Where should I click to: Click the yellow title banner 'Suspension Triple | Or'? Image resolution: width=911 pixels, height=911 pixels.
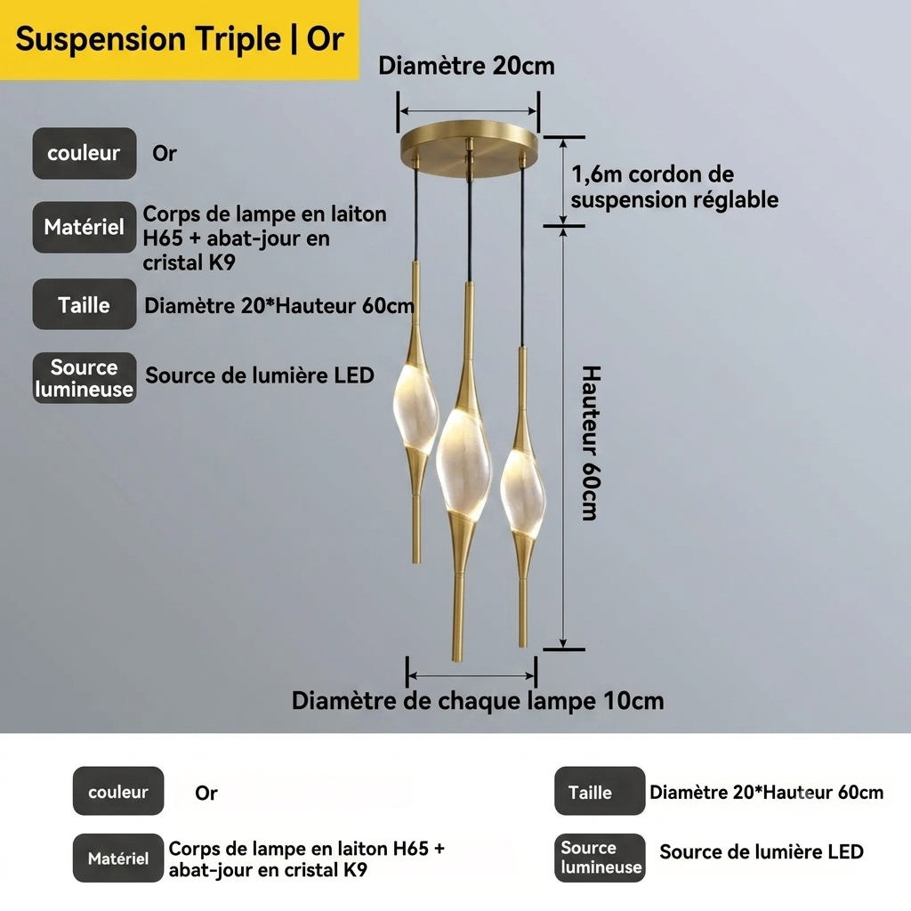(180, 39)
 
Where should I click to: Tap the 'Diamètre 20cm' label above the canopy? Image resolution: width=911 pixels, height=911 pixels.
(466, 66)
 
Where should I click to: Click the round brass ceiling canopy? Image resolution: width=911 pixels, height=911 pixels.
(469, 149)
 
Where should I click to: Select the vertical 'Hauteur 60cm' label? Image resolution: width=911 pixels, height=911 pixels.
(591, 443)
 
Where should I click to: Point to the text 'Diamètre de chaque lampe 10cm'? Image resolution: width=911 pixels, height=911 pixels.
(478, 701)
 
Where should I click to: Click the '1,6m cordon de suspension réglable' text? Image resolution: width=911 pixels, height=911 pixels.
(674, 187)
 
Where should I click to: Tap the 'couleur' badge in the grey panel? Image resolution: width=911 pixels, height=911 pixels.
(85, 153)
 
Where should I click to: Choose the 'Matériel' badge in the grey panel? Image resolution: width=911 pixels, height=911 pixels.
(85, 227)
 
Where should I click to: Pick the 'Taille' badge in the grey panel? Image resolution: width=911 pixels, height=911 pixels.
(85, 304)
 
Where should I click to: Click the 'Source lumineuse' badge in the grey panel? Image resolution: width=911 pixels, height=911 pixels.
(85, 377)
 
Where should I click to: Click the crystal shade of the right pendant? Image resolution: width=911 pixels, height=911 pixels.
(523, 491)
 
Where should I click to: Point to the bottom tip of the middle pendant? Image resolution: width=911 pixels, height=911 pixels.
(457, 661)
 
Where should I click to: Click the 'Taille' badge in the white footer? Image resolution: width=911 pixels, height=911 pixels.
(600, 791)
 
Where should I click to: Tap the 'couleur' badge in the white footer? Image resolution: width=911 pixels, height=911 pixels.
(118, 791)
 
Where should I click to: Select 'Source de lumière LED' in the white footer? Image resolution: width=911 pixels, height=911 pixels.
(762, 851)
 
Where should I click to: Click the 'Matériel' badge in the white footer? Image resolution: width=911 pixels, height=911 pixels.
(118, 858)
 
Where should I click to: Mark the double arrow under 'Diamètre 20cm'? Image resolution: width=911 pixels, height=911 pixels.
(468, 110)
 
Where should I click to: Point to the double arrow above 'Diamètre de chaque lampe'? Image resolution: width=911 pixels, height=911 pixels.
(472, 675)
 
